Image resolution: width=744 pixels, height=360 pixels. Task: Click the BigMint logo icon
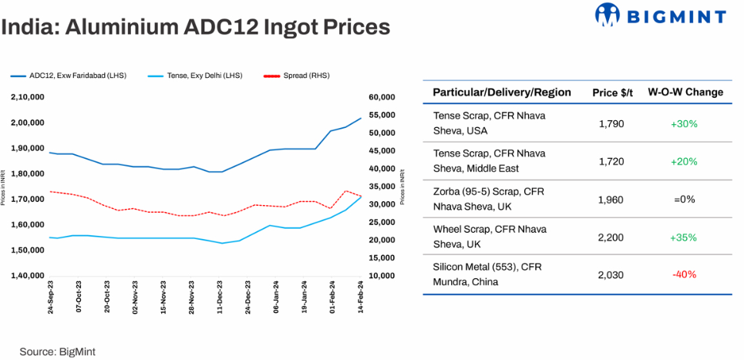click(x=609, y=15)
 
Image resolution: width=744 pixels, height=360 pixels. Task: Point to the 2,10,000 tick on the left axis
click(x=28, y=97)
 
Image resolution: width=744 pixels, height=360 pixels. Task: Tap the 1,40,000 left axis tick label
click(x=28, y=276)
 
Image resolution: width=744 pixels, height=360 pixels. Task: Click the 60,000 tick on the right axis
click(x=382, y=97)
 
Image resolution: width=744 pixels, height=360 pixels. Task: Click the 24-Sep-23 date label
click(x=50, y=296)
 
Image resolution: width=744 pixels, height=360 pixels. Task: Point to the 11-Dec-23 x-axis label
click(x=221, y=296)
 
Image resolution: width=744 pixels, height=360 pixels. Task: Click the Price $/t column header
click(x=612, y=93)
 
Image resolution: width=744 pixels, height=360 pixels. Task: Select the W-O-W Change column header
click(x=685, y=93)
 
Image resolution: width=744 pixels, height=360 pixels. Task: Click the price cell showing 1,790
click(x=611, y=123)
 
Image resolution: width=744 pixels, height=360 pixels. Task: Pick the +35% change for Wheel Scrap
click(x=684, y=237)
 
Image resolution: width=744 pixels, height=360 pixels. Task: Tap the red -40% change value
click(x=684, y=274)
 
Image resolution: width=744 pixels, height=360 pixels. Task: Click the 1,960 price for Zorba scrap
click(x=611, y=199)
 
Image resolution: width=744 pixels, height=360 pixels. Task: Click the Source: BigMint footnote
click(x=57, y=351)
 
